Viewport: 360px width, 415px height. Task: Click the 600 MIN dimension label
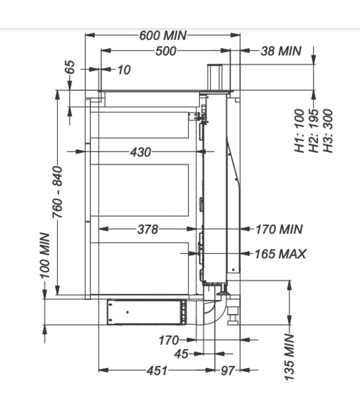tap(163, 35)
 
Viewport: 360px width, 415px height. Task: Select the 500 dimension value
tap(166, 51)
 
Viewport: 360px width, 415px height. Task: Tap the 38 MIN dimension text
tap(281, 51)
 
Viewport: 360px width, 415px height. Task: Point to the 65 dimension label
tap(70, 67)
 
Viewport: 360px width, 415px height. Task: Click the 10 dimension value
tap(124, 70)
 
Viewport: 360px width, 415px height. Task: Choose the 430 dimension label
tap(141, 152)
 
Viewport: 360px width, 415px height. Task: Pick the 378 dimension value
tap(147, 229)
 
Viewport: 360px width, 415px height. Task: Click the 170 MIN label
tap(279, 229)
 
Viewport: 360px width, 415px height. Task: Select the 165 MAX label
tap(280, 254)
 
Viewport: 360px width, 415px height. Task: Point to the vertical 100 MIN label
tap(45, 256)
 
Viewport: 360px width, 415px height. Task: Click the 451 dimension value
tap(157, 370)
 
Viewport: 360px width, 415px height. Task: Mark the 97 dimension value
tap(228, 370)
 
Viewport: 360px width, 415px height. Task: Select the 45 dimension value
tap(182, 354)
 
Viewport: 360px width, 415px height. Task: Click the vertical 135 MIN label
tap(289, 357)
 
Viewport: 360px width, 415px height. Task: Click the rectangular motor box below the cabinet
tap(146, 312)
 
